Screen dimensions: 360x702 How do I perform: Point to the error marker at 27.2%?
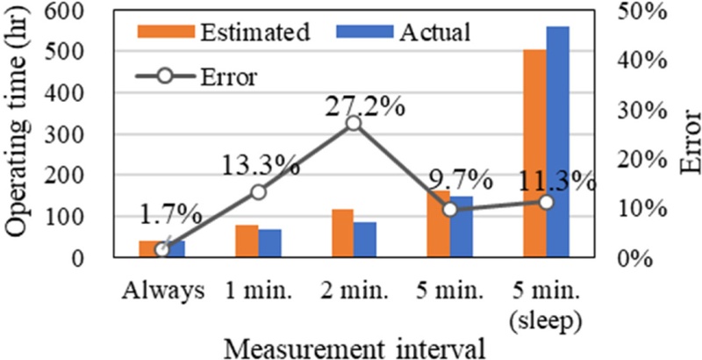353,123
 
